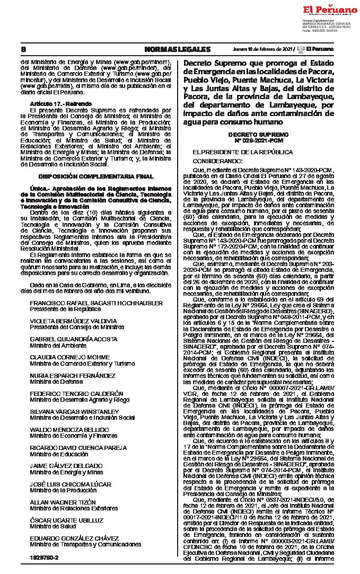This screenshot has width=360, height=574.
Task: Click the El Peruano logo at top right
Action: (330, 10)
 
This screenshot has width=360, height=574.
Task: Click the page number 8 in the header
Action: (23, 49)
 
